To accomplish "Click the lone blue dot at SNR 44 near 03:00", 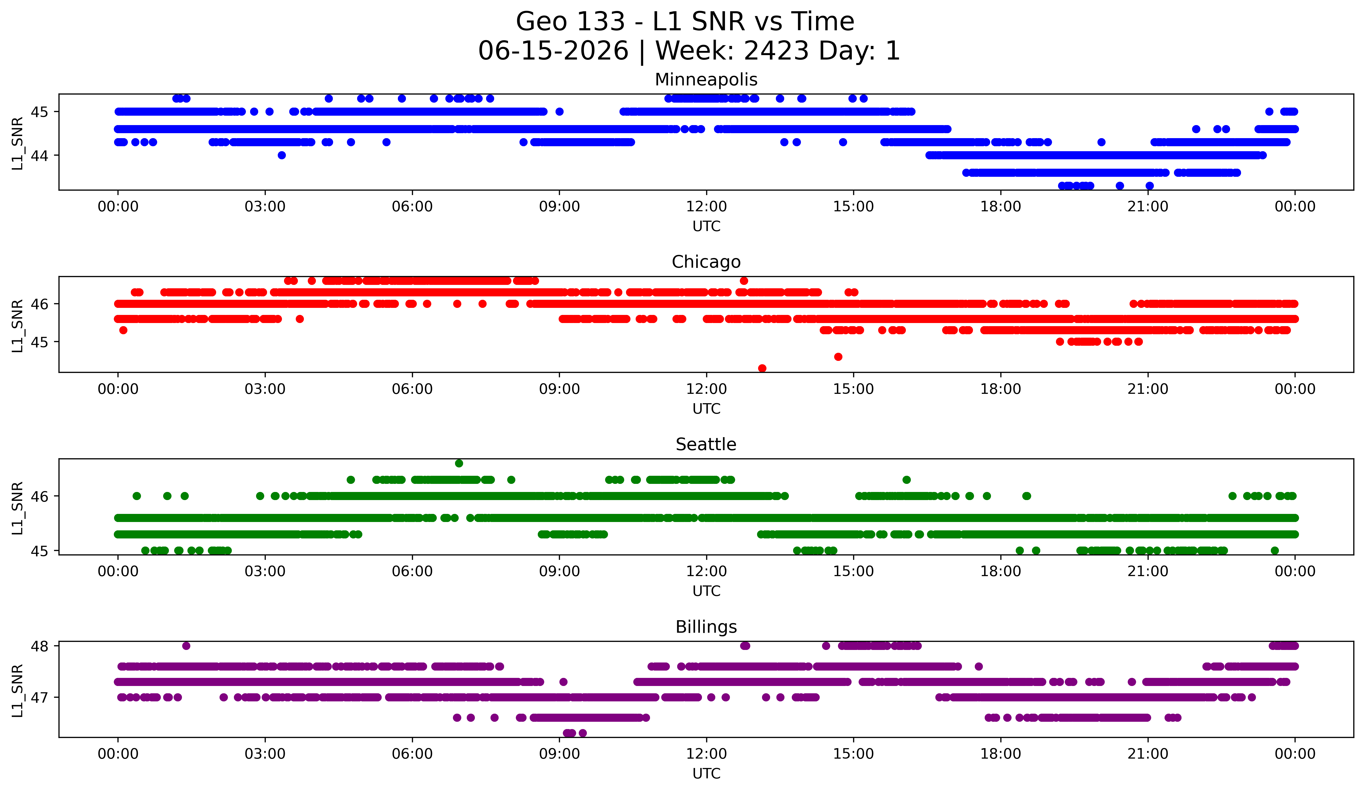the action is pos(281,155).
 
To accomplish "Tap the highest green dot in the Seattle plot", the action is pos(459,463).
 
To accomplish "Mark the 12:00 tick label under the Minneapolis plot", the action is pos(706,207).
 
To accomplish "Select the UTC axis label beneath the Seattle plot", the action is pos(706,591).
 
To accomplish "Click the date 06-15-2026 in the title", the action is pos(553,51).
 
